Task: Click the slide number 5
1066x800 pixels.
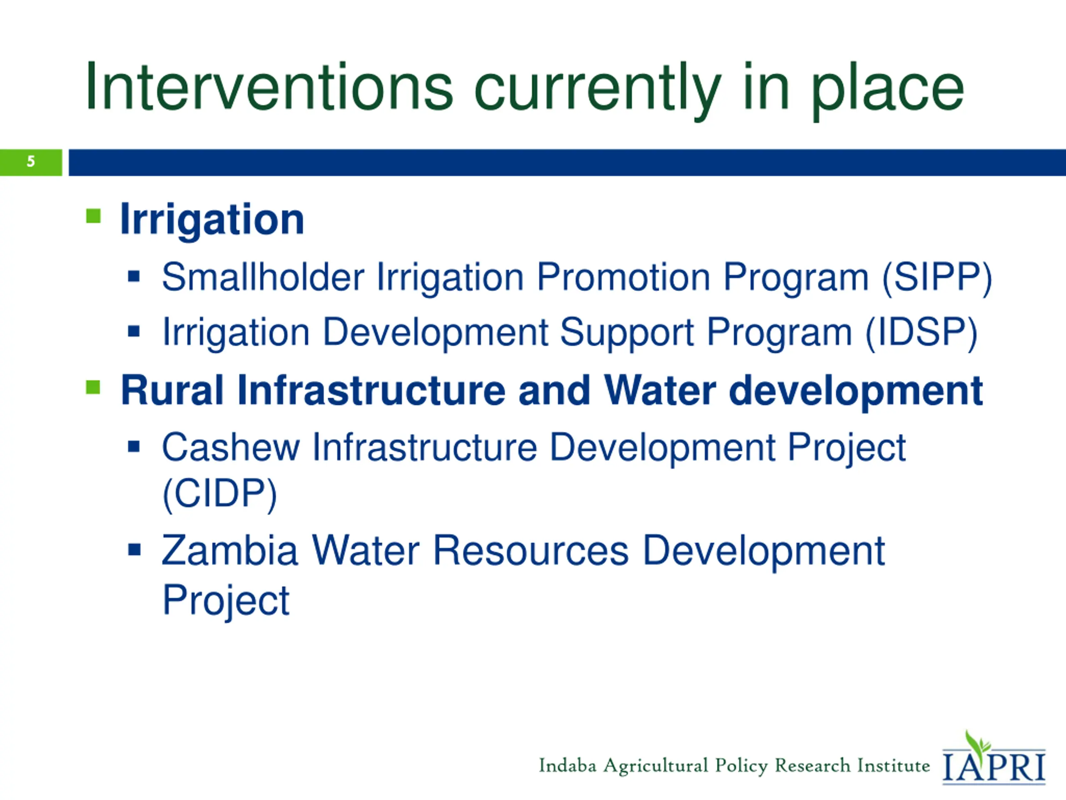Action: click(31, 161)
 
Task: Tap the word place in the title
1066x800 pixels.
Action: click(888, 92)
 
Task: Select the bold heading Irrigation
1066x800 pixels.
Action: click(212, 220)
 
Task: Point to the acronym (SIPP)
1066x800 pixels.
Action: click(937, 278)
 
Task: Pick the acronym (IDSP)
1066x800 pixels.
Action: click(922, 333)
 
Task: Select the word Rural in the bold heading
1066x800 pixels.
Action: click(172, 390)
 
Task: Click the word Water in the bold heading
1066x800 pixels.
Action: click(660, 390)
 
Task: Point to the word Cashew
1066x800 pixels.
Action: click(231, 447)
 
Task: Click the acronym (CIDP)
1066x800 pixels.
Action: click(220, 494)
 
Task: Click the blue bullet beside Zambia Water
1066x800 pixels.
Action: click(134, 550)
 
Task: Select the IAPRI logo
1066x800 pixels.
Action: click(994, 757)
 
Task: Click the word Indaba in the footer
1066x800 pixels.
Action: click(567, 765)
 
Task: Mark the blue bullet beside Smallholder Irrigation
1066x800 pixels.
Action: click(134, 276)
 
